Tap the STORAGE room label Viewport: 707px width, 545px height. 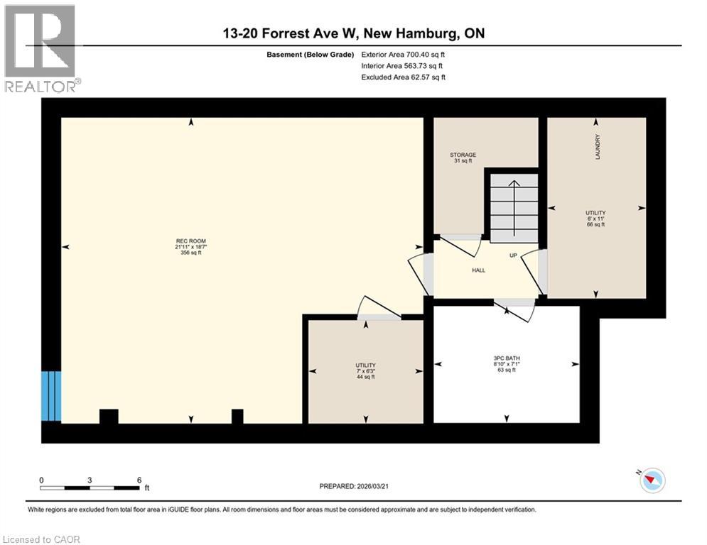[463, 155]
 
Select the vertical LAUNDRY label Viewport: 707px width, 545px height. [598, 147]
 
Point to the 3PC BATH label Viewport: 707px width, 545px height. [507, 358]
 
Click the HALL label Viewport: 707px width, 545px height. [478, 270]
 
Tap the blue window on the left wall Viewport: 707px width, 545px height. [52, 395]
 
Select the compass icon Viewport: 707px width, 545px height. [652, 480]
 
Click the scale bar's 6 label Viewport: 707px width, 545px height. [139, 480]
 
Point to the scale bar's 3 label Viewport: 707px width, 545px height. [90, 480]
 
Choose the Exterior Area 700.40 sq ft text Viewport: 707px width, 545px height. [403, 54]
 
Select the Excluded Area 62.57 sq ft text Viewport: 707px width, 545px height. [403, 77]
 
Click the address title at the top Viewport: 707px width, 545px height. [353, 33]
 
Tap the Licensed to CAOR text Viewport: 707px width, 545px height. [42, 539]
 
